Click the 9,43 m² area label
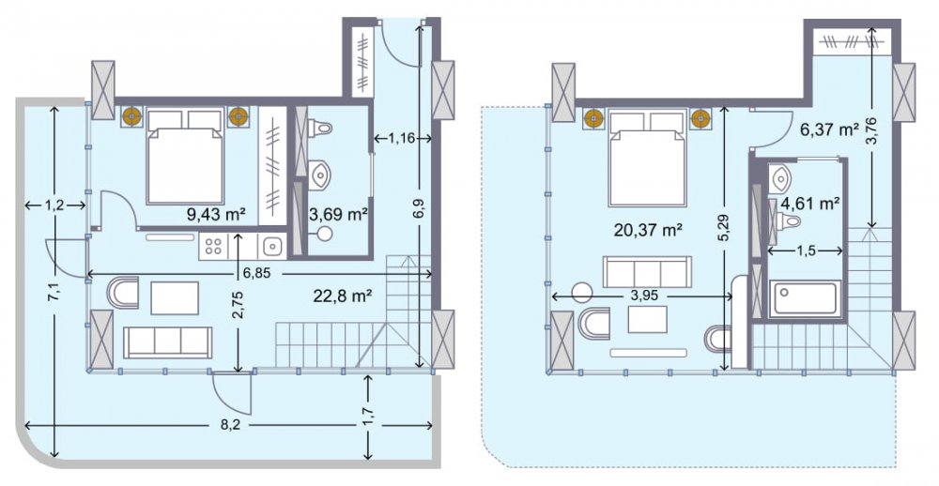[217, 215]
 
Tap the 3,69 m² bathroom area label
[338, 214]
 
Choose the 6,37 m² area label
[830, 129]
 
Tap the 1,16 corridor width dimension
[401, 139]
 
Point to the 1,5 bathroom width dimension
[807, 251]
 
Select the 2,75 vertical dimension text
[239, 304]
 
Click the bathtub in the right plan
[806, 298]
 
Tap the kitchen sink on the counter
[273, 246]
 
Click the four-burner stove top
[214, 246]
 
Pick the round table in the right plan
[581, 293]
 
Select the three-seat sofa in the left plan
[168, 343]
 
